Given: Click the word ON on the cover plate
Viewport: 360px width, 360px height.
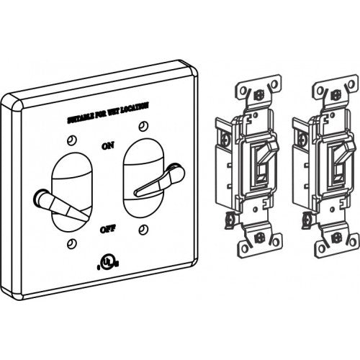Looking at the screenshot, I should click(108, 146).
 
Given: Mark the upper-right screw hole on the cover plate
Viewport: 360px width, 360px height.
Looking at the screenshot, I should click(143, 127).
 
